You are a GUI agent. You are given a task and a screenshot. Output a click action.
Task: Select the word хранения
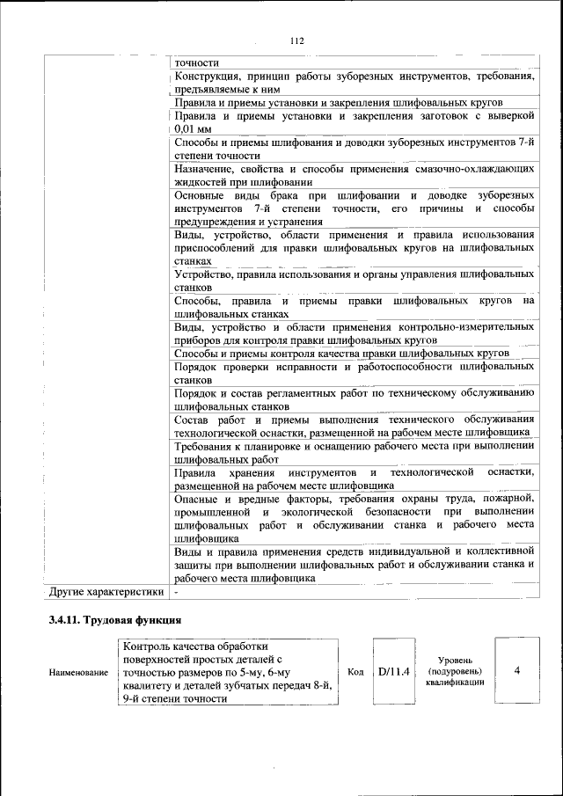coord(250,472)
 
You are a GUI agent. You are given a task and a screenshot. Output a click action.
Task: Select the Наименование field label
coord(79,672)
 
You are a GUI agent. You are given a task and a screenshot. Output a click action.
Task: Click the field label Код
coord(355,671)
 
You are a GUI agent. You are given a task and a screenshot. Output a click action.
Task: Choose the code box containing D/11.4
coord(394,671)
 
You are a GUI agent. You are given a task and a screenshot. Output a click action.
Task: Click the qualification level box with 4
coord(516,670)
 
